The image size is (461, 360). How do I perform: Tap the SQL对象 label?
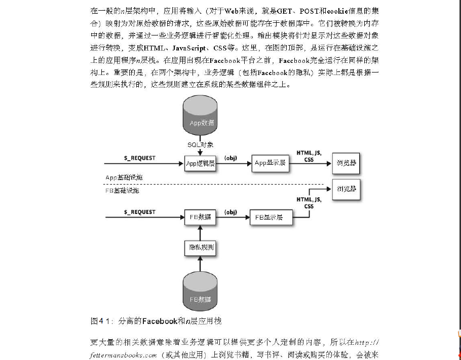pyautogui.click(x=200, y=145)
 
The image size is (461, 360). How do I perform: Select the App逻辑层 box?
pyautogui.click(x=200, y=163)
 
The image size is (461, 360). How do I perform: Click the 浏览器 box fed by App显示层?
pyautogui.click(x=346, y=163)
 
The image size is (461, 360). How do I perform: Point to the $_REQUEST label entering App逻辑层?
pyautogui.click(x=140, y=158)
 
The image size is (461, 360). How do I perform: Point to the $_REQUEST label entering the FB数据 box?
pyautogui.click(x=140, y=211)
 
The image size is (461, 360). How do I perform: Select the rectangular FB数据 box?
pyautogui.click(x=200, y=217)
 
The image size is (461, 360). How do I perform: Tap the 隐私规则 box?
pyautogui.click(x=200, y=248)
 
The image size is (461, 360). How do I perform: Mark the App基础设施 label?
pyautogui.click(x=125, y=177)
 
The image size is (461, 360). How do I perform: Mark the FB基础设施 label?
pyautogui.click(x=122, y=191)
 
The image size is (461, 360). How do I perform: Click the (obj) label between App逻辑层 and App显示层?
pyautogui.click(x=232, y=158)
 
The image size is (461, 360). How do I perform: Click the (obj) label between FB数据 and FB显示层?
pyautogui.click(x=231, y=211)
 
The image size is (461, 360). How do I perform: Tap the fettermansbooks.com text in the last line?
pyautogui.click(x=124, y=355)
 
